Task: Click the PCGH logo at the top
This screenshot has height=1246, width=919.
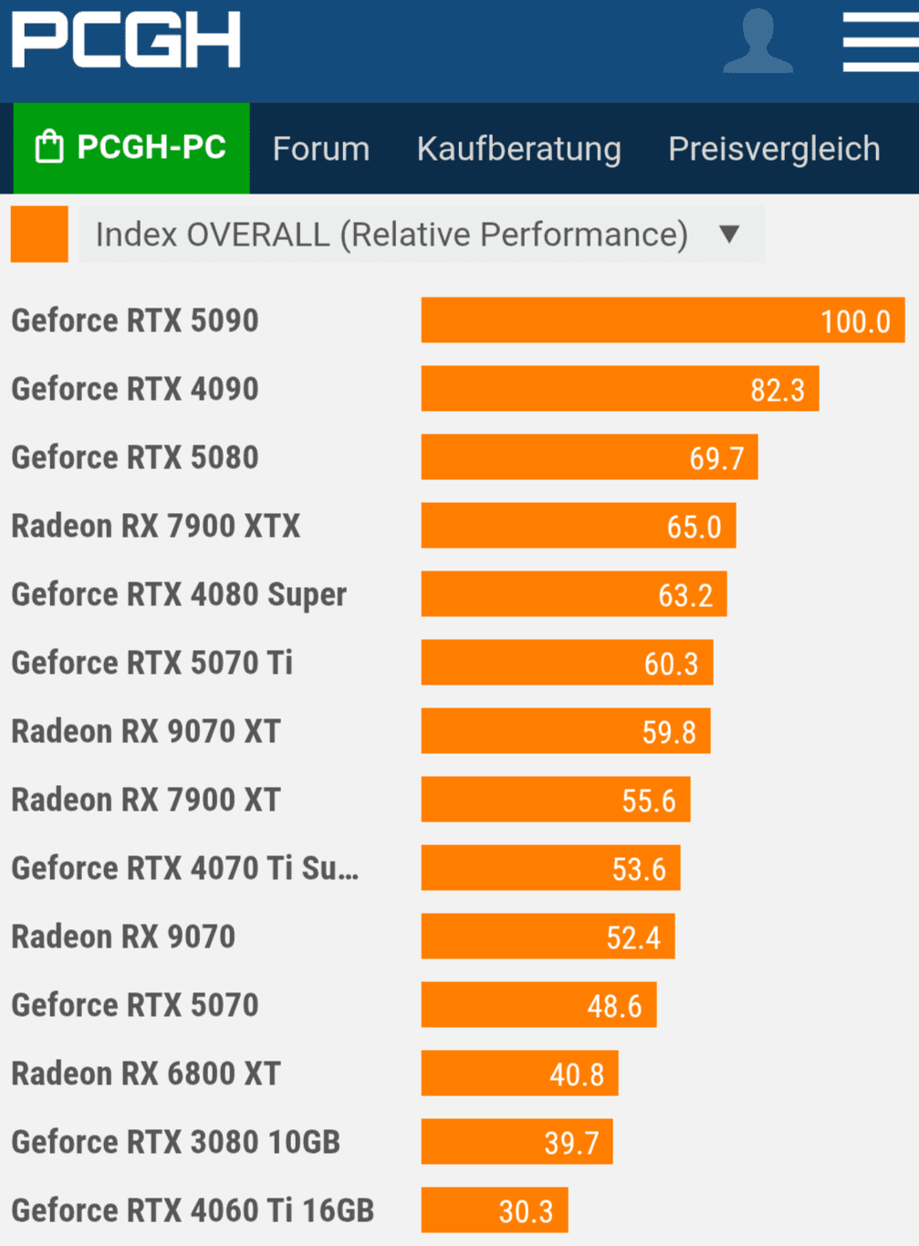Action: [x=126, y=40]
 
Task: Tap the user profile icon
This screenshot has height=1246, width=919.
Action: [x=757, y=41]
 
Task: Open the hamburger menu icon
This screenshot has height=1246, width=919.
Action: [x=880, y=41]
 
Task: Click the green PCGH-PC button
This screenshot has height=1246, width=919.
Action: [x=131, y=148]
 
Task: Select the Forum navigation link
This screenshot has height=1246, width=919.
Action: [x=320, y=149]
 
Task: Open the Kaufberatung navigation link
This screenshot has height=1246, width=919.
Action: [x=518, y=149]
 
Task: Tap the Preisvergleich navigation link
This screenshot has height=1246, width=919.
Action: [x=774, y=149]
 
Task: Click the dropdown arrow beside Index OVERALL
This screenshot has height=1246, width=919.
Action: [x=728, y=235]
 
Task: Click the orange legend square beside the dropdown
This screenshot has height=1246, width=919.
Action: [x=39, y=235]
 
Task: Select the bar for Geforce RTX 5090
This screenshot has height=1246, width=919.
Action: [x=662, y=320]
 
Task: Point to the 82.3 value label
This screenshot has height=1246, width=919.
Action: [x=778, y=390]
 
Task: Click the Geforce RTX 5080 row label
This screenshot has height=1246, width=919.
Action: [x=135, y=457]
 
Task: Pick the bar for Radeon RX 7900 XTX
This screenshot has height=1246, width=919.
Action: [x=578, y=526]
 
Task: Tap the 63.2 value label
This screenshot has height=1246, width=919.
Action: [x=685, y=595]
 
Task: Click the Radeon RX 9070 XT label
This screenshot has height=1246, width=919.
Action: [x=146, y=731]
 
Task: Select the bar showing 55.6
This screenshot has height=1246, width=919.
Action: [x=555, y=800]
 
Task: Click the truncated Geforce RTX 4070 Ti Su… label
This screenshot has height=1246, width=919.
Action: [x=184, y=868]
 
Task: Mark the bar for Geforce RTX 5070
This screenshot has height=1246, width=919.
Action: [x=538, y=1005]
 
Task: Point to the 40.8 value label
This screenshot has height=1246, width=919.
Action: [x=576, y=1074]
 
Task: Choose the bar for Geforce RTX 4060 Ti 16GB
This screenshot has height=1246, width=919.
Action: [x=494, y=1210]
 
